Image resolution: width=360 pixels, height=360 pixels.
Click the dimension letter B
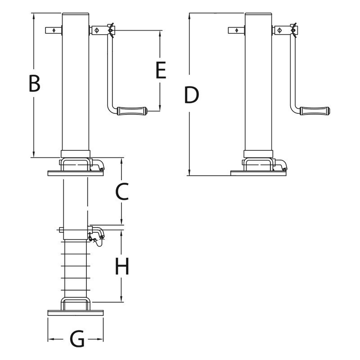click(x=35, y=83)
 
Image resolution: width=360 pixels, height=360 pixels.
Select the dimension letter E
click(x=161, y=70)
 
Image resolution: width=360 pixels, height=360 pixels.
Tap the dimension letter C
click(x=122, y=192)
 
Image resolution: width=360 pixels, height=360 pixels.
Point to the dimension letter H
click(x=122, y=266)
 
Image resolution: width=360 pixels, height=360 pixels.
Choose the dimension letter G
click(x=77, y=339)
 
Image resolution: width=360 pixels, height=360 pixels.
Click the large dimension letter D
click(x=191, y=95)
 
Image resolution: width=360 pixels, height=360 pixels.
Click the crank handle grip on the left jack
click(x=132, y=111)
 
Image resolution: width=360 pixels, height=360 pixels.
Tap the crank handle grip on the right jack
click(x=315, y=111)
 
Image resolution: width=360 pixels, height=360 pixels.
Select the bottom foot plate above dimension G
click(x=76, y=313)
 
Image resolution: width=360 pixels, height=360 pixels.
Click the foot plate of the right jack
click(x=258, y=173)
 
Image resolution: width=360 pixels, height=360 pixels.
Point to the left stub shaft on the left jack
click(x=54, y=30)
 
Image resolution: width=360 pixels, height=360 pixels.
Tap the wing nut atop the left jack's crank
click(x=111, y=30)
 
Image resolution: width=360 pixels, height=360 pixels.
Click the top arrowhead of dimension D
click(x=189, y=16)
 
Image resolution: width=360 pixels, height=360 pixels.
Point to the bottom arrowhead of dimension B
click(x=34, y=154)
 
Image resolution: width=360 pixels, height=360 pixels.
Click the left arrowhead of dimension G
click(x=50, y=339)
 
